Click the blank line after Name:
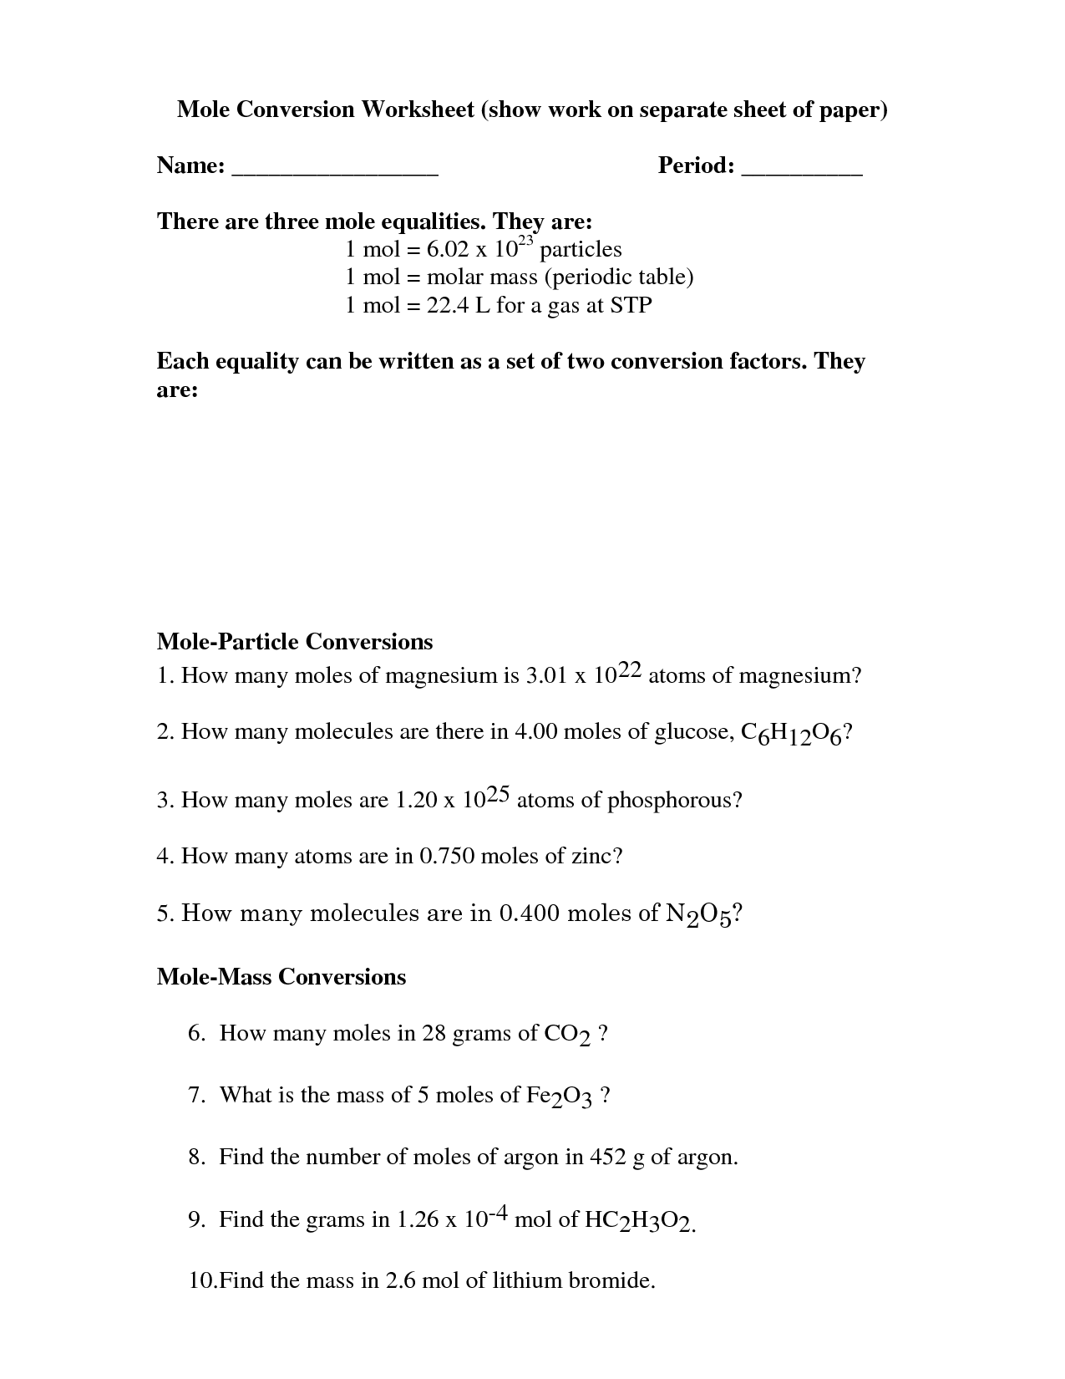tap(334, 170)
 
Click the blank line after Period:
tap(801, 170)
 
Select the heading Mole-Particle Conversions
tap(295, 642)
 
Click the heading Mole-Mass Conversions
tap(281, 977)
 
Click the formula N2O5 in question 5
tap(698, 914)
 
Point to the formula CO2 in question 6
tap(567, 1036)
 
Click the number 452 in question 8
tap(607, 1158)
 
